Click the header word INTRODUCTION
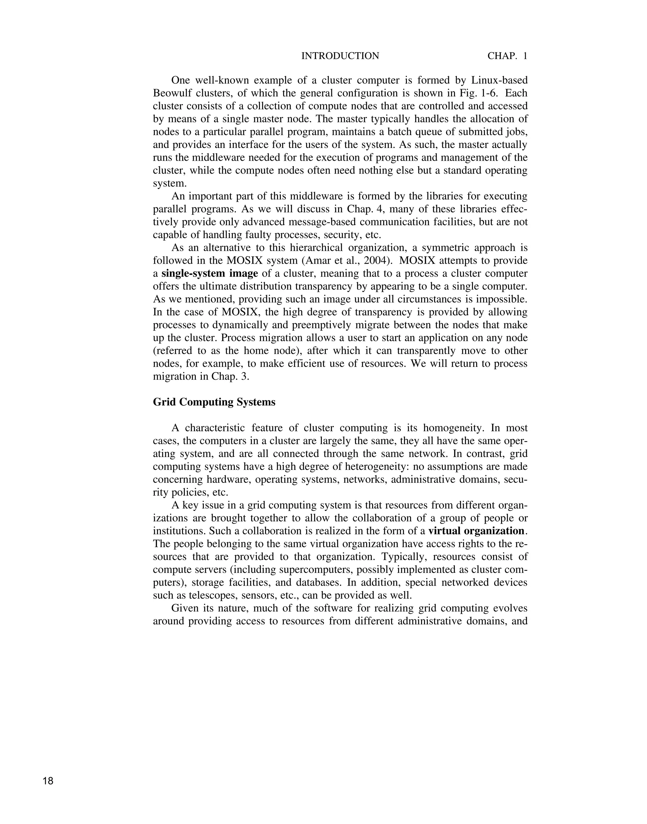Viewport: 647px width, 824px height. coord(340,56)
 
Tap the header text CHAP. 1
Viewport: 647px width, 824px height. coord(507,56)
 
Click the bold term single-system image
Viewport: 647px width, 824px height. coord(209,274)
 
